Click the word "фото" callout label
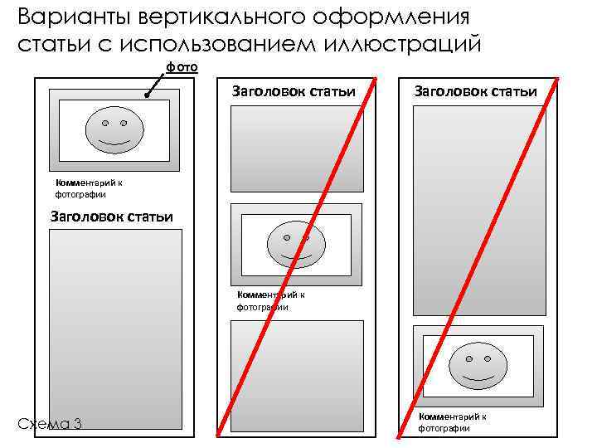point(180,67)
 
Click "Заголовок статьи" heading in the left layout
point(112,217)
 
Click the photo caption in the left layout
point(81,188)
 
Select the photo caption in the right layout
point(452,421)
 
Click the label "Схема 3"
point(50,424)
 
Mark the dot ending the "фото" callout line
point(147,97)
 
